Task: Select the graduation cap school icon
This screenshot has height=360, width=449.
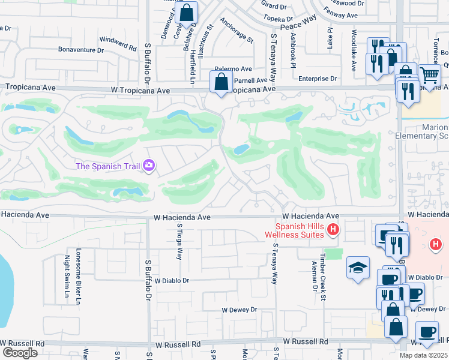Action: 358,268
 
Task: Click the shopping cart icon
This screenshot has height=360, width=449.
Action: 429,76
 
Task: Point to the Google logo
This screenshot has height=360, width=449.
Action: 19,353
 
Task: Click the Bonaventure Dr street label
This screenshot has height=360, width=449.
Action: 82,50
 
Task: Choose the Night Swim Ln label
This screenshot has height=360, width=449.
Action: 67,276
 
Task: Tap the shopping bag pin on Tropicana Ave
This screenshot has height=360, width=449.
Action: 221,82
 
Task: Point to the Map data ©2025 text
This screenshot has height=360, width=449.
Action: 423,355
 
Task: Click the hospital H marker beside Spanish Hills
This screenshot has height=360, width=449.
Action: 333,229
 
